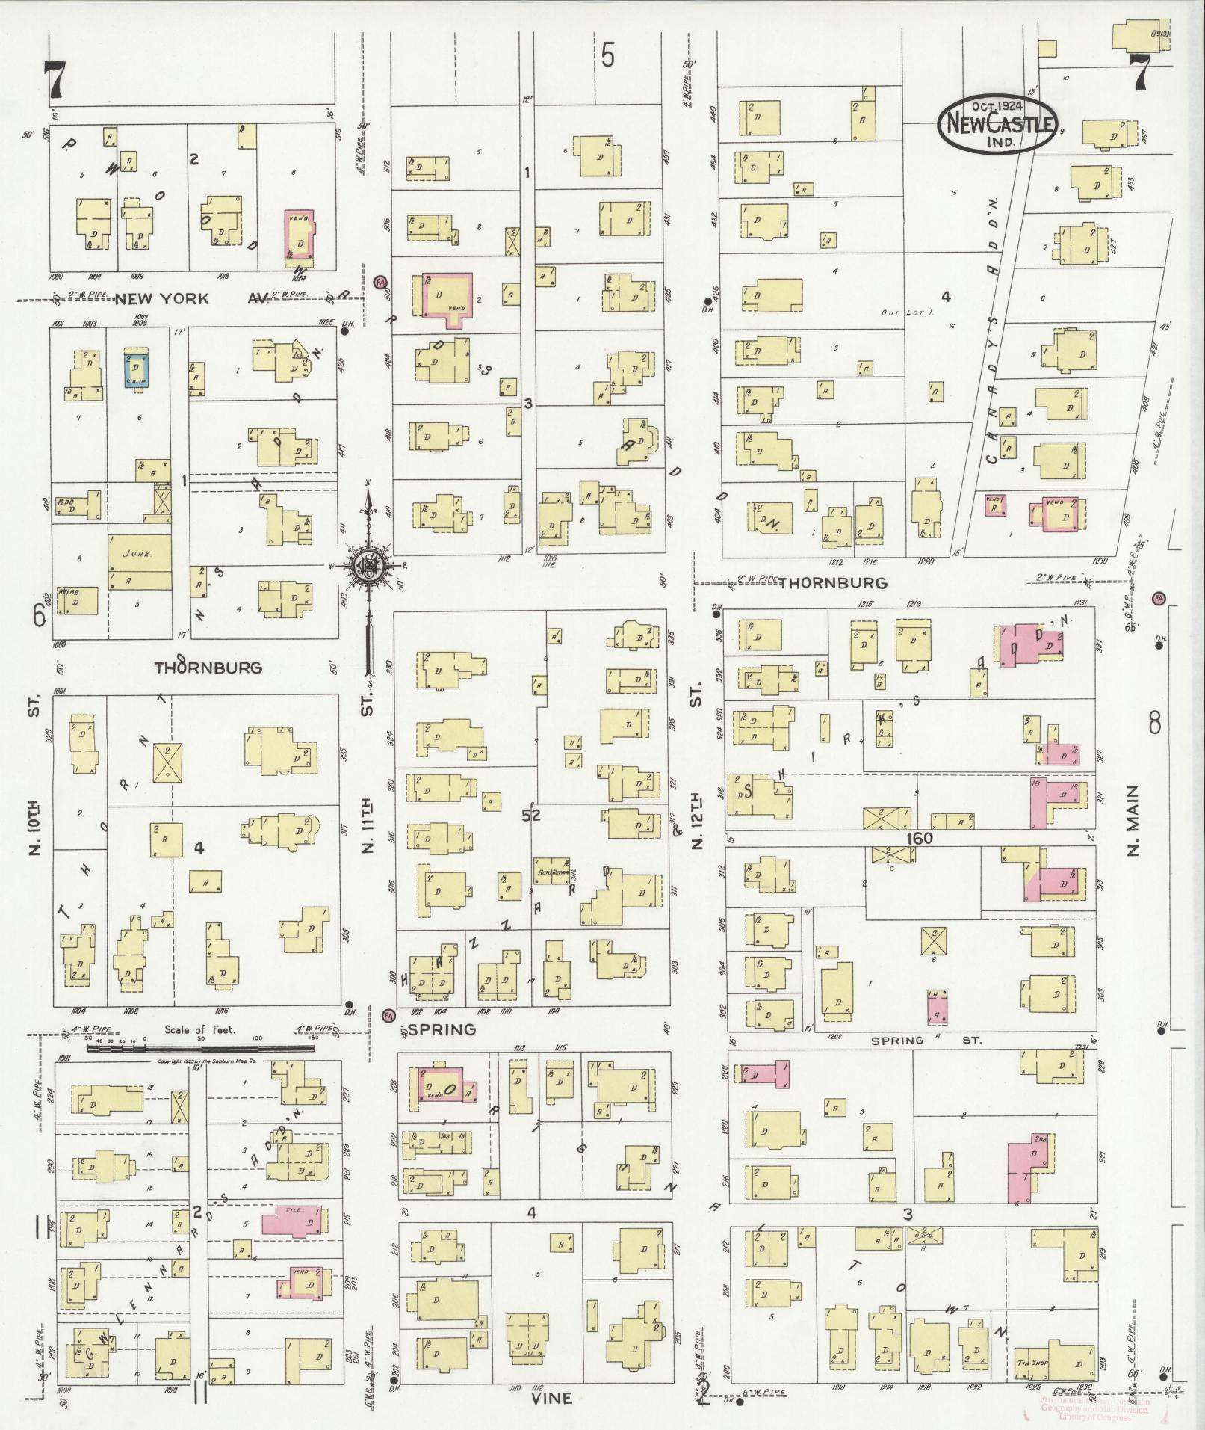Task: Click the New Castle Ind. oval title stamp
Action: tap(996, 125)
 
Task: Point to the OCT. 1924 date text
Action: tap(996, 106)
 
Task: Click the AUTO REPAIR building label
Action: tap(554, 872)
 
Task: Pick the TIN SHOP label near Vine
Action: tap(1032, 1362)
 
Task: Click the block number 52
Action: tap(532, 815)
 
